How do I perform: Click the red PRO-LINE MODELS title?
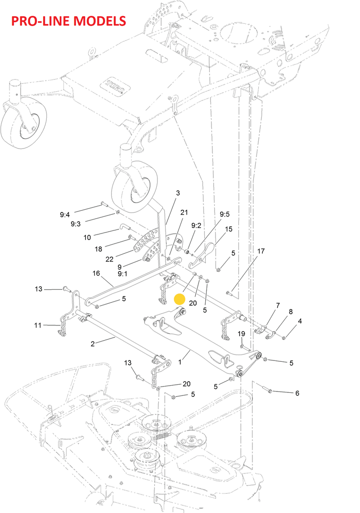68,21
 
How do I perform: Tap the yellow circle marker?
180,299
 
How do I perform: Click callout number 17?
261,251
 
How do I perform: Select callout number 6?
297,393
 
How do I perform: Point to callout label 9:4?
65,215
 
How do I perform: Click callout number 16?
96,273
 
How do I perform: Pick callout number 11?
38,325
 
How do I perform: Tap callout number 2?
93,344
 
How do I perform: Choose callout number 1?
180,362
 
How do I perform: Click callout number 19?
241,334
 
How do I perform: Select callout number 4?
300,321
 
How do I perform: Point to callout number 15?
229,229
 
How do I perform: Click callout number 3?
178,193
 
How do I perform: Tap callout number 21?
184,212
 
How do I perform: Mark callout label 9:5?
225,214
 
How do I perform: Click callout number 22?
109,259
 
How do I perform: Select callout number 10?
87,237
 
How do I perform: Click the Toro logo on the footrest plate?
115,85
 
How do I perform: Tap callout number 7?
278,306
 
